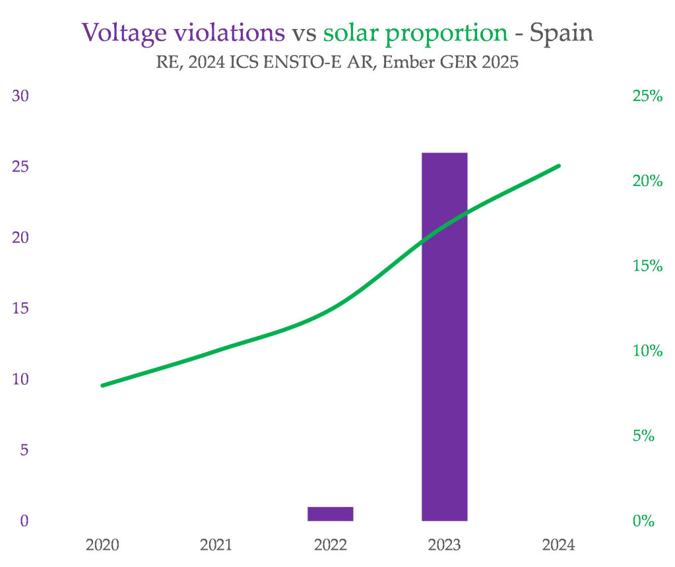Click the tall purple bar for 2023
click(444, 337)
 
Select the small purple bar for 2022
click(330, 514)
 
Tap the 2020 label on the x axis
click(102, 545)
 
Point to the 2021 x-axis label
click(216, 545)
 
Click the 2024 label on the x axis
click(558, 545)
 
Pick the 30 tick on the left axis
click(20, 96)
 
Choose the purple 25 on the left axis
click(20, 166)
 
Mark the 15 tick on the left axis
click(20, 308)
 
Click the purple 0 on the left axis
click(24, 521)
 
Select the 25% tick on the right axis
click(647, 96)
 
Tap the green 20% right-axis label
click(647, 181)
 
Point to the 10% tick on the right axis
click(647, 351)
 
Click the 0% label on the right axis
click(643, 521)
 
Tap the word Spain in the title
click(562, 32)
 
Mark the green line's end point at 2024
click(559, 166)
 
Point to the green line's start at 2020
click(103, 385)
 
